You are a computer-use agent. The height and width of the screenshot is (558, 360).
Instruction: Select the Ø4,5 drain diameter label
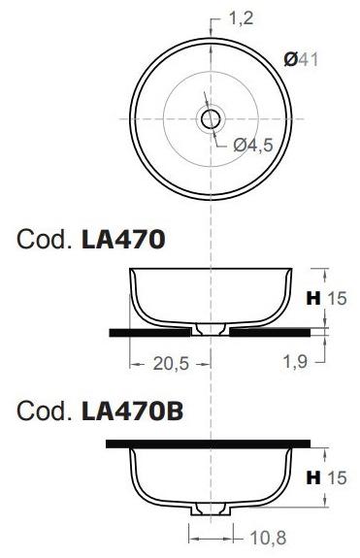coord(254,145)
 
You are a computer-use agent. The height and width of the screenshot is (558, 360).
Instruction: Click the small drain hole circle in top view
coord(210,118)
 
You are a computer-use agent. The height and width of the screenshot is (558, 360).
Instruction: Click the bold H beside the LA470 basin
coord(313,299)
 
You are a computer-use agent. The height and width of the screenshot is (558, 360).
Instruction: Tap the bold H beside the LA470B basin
coord(313,477)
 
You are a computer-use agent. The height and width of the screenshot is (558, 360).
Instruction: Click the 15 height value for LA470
coord(337,299)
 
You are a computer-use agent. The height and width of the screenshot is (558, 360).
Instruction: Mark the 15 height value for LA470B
coord(337,477)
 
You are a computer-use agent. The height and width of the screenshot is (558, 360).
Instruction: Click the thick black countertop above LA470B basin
coord(209,443)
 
